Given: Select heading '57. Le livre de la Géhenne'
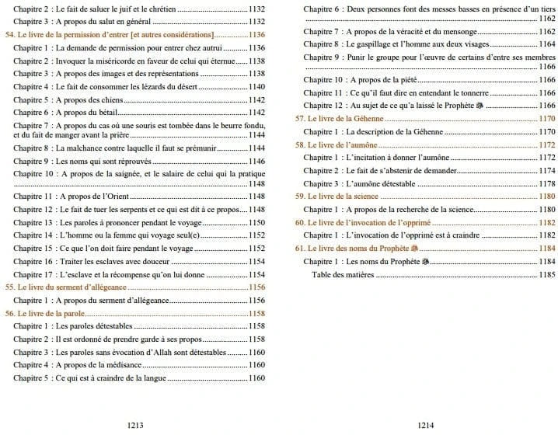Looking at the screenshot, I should [x=339, y=119].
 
